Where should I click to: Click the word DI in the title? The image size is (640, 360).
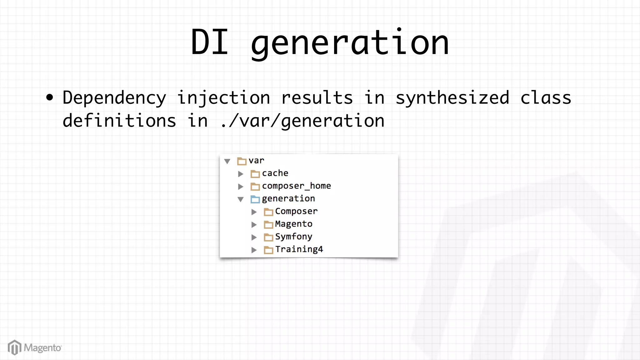point(210,42)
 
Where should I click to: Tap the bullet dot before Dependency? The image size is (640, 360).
point(50,97)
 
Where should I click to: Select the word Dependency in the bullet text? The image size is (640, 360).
point(114,98)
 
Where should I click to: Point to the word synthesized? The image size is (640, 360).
point(452,98)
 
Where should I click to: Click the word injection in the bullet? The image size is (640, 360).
point(224,98)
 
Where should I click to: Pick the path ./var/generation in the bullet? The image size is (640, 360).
point(302,121)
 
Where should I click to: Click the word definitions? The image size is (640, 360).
point(119,121)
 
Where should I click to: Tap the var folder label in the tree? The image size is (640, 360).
point(256,161)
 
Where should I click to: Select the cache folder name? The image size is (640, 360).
point(275,173)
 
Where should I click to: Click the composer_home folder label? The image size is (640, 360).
point(296,186)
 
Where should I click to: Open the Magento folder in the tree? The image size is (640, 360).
point(293,224)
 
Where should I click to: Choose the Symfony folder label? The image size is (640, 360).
point(293,237)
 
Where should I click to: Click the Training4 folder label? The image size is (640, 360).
point(299,249)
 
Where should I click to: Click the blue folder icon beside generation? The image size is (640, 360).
point(255,199)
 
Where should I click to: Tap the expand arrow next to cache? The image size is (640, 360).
point(241,174)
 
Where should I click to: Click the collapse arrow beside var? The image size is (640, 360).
point(227,161)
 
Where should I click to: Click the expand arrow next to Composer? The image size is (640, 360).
point(254,212)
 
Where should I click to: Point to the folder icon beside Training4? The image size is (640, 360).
point(268,250)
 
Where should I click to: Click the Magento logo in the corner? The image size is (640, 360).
point(35,347)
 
